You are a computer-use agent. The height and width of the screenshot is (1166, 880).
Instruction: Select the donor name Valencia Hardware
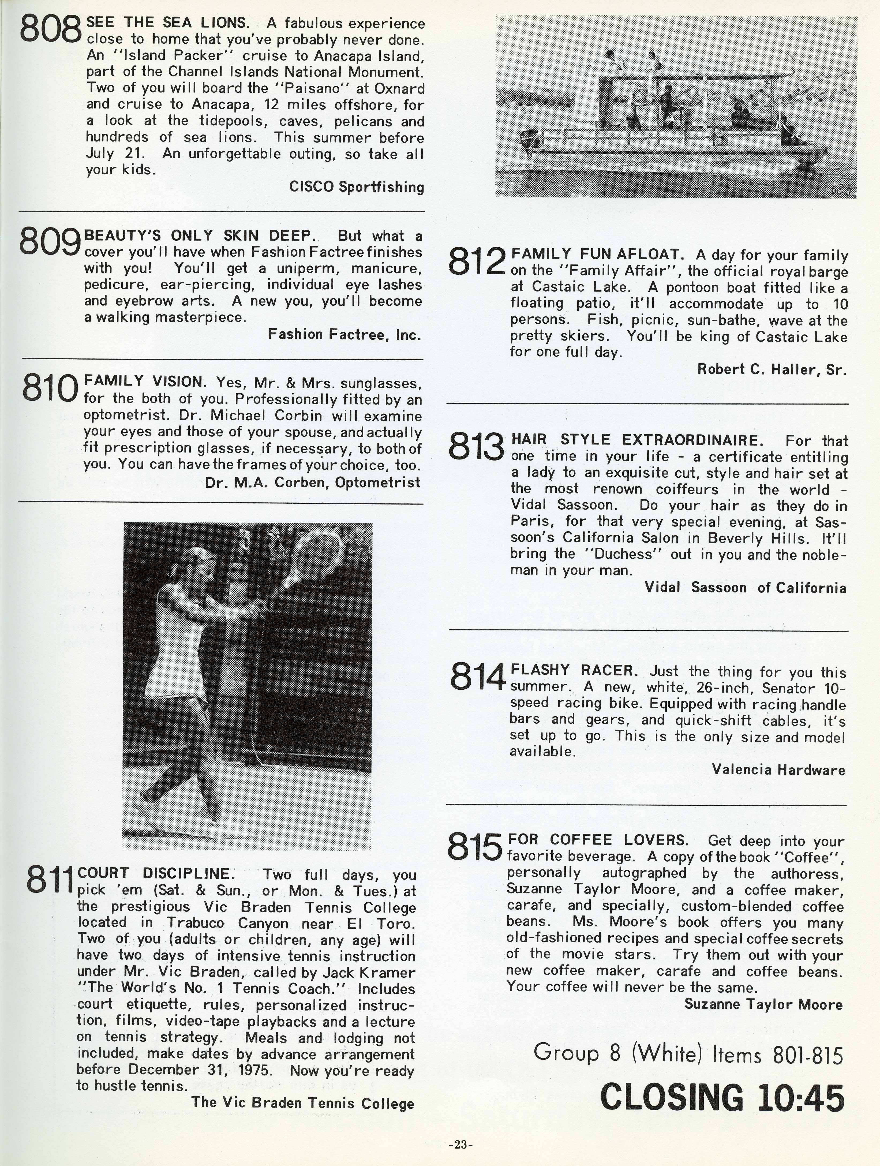pyautogui.click(x=778, y=770)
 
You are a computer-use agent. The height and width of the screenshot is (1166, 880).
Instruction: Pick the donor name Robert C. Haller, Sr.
pyautogui.click(x=772, y=369)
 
